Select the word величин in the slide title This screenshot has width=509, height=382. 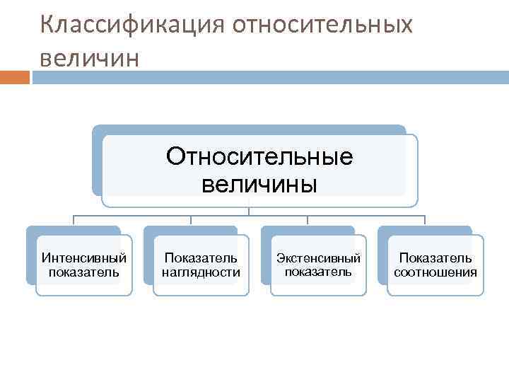pyautogui.click(x=90, y=57)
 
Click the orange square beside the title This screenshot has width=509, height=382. pyautogui.click(x=15, y=76)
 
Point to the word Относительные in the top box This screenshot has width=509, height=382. pyautogui.click(x=259, y=156)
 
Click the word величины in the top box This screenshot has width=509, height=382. pyautogui.click(x=259, y=184)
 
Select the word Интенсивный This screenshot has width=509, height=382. pyautogui.click(x=84, y=258)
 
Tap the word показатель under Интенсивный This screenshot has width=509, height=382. pyautogui.click(x=84, y=272)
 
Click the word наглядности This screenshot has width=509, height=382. pyautogui.click(x=201, y=272)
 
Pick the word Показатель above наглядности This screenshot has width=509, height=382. pyautogui.click(x=201, y=258)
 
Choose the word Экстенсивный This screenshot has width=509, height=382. pyautogui.click(x=318, y=258)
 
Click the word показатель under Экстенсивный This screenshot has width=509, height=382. pyautogui.click(x=318, y=272)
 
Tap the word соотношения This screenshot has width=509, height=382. pyautogui.click(x=435, y=272)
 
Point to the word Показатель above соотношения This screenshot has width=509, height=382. pyautogui.click(x=435, y=258)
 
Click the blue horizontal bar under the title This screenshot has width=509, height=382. pyautogui.click(x=269, y=76)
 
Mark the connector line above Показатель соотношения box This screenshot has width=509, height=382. pyautogui.click(x=424, y=220)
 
